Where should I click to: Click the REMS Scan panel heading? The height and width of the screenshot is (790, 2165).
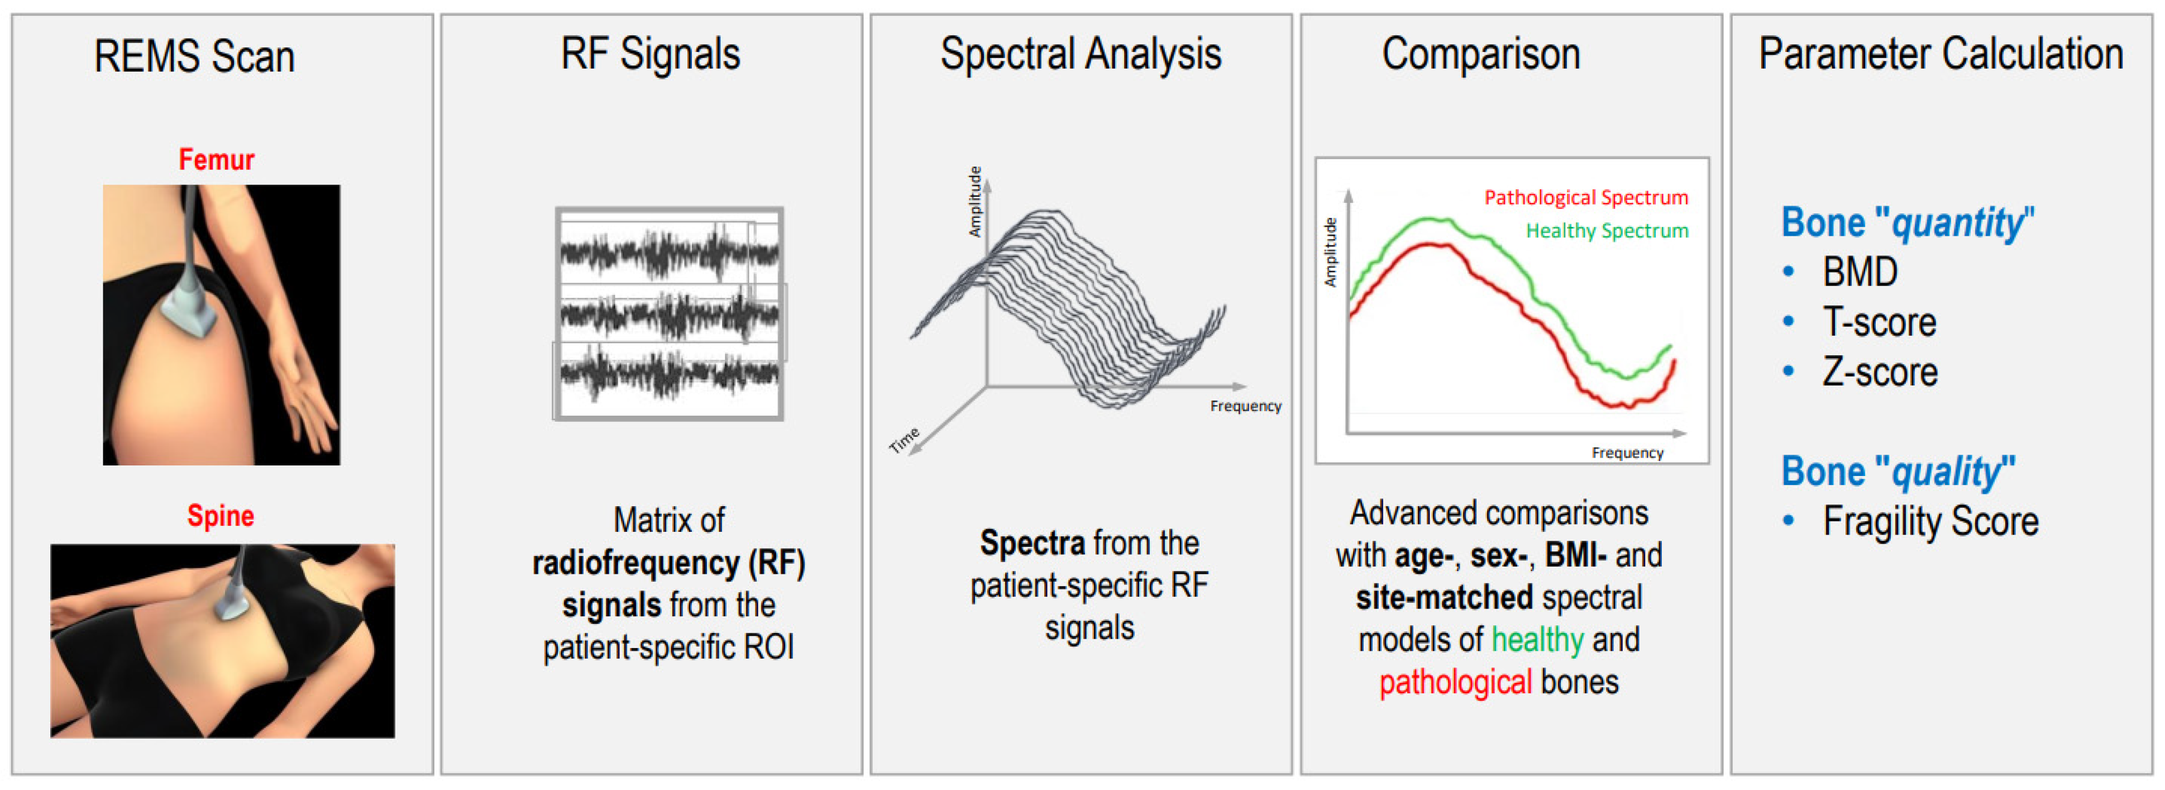[x=194, y=57]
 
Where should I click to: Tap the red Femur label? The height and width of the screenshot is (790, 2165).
[x=216, y=160]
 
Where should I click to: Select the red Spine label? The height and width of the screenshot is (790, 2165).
[x=220, y=515]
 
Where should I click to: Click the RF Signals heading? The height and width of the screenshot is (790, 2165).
[x=651, y=55]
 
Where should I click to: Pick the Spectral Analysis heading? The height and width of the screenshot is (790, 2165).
[x=1080, y=55]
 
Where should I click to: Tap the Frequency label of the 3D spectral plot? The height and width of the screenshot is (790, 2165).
[x=1245, y=407]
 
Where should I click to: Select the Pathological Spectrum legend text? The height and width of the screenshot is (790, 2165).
[x=1585, y=198]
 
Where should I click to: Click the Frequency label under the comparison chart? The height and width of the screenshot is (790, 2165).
[x=1627, y=453]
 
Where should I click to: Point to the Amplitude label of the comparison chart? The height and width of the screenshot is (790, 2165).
[x=1330, y=252]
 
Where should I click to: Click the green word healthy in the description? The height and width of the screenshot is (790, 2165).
[x=1537, y=640]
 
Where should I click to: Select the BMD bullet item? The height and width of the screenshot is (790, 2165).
[x=1859, y=272]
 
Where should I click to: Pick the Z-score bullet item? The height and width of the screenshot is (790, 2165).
[x=1879, y=372]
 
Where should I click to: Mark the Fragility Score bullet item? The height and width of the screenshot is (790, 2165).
[x=1930, y=522]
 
